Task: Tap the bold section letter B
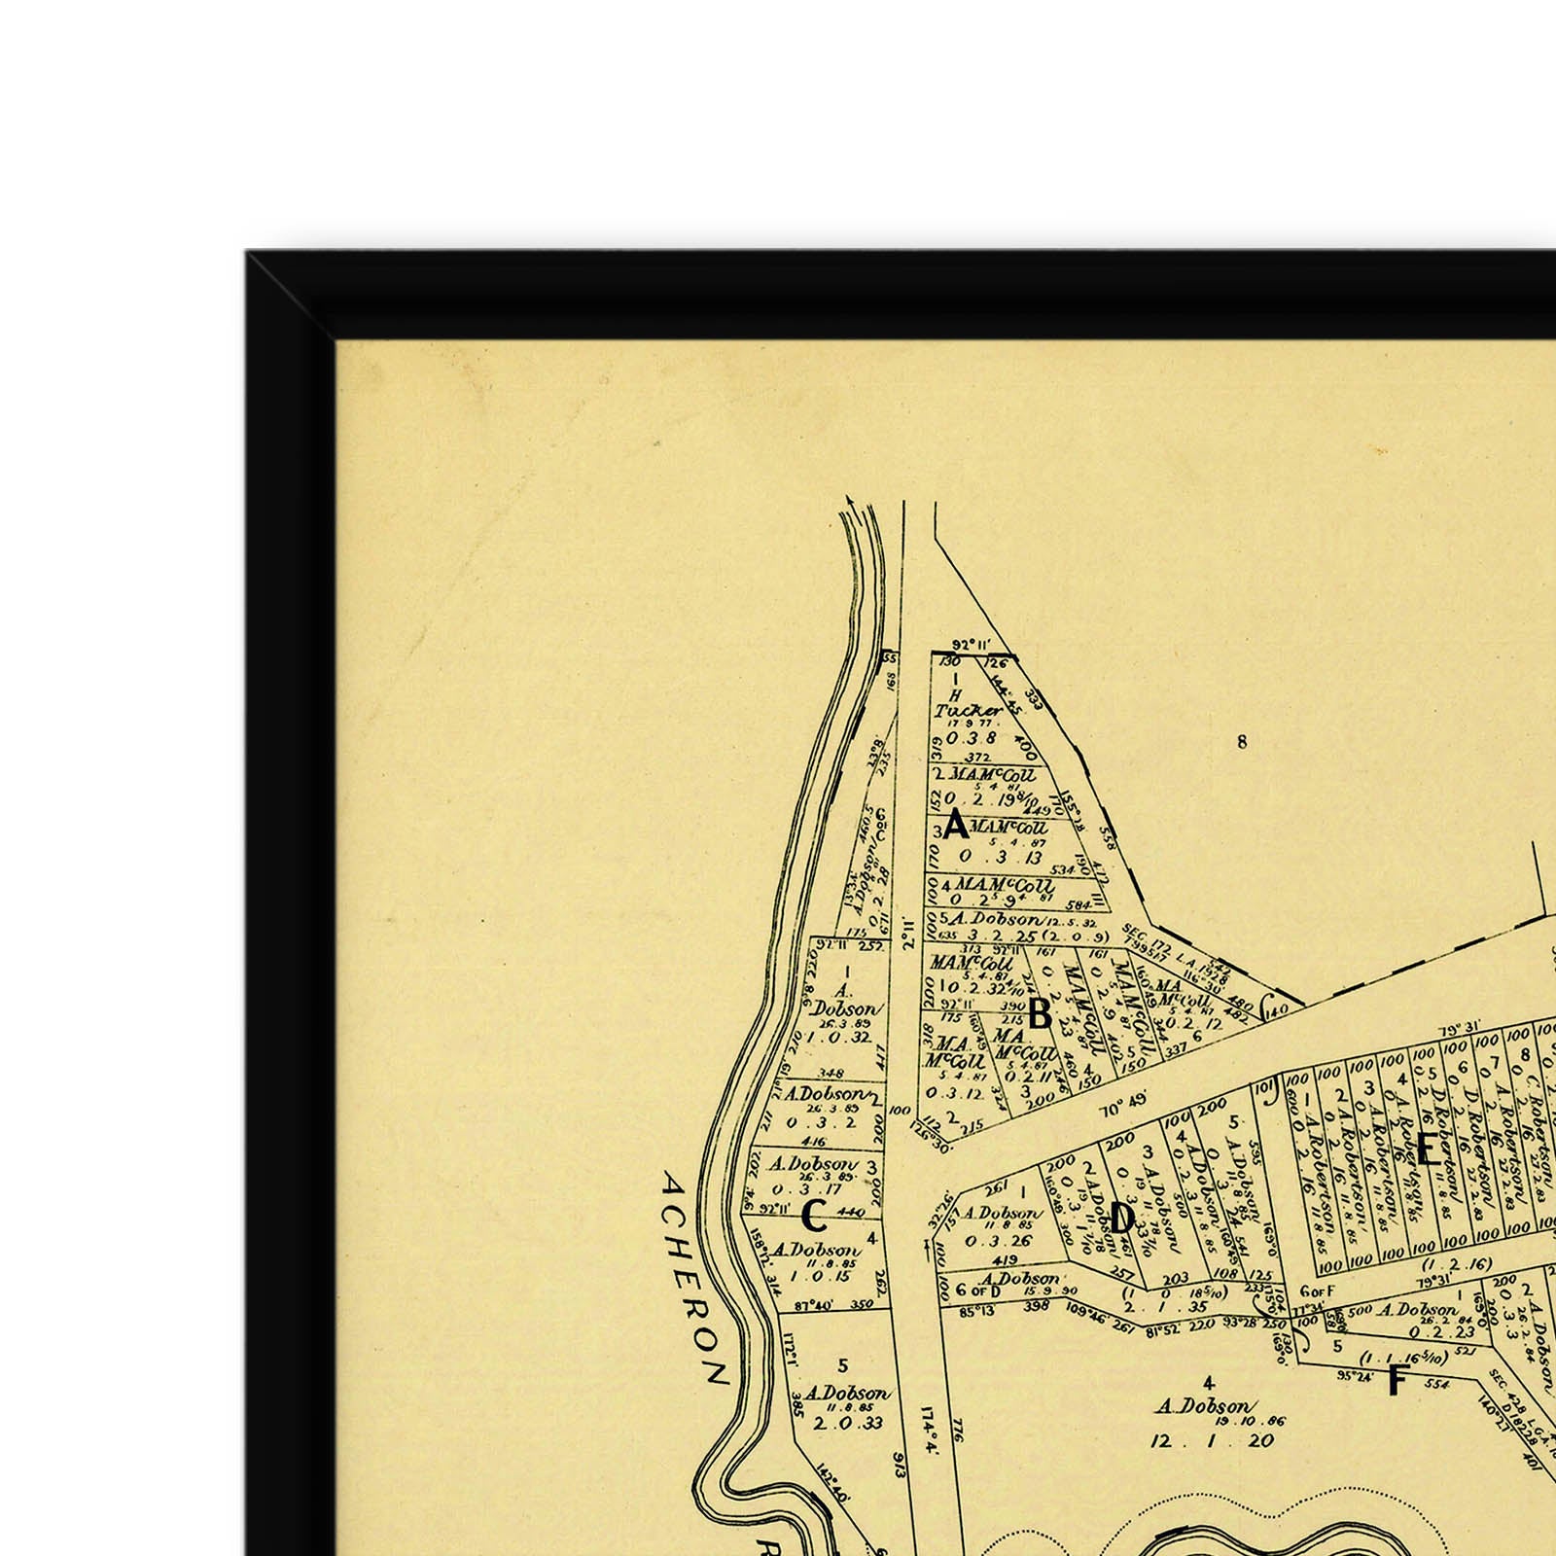pyautogui.click(x=1040, y=1015)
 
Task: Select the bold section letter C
pyautogui.click(x=815, y=1216)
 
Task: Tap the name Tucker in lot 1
pyautogui.click(x=956, y=711)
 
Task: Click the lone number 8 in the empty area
pyautogui.click(x=1241, y=743)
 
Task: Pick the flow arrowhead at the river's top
pyautogui.click(x=853, y=501)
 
